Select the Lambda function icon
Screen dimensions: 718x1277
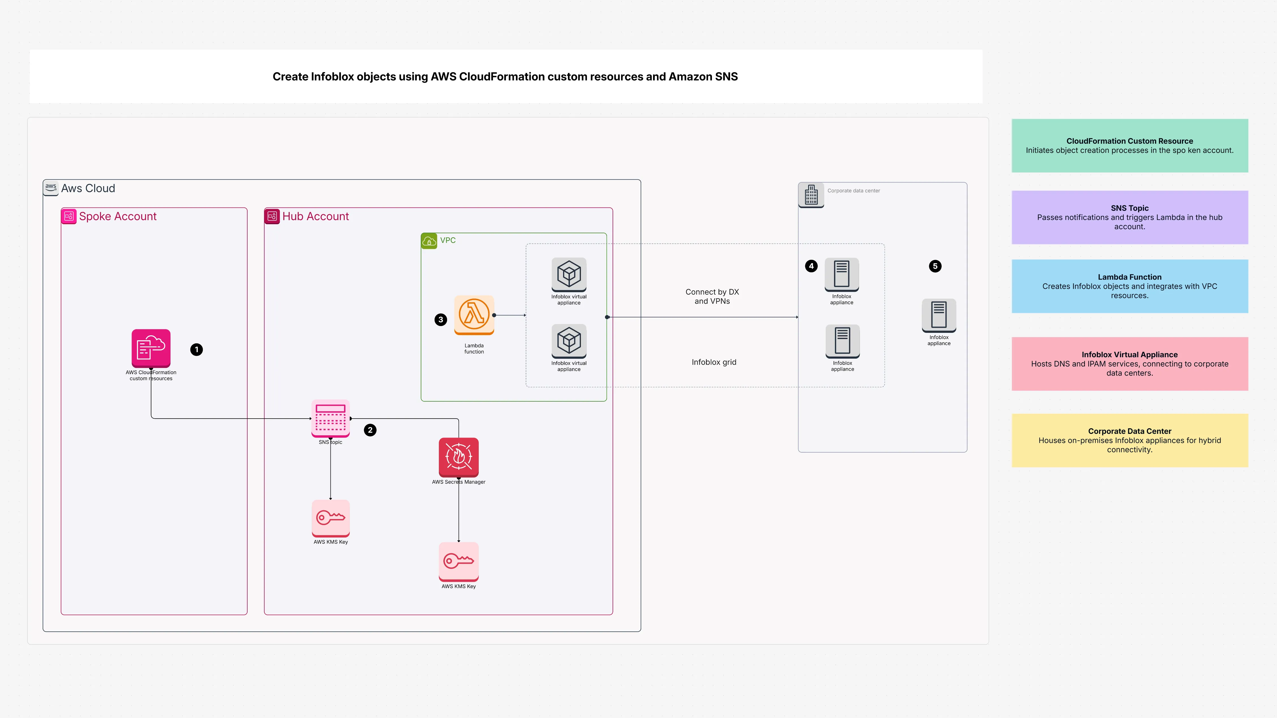pyautogui.click(x=474, y=314)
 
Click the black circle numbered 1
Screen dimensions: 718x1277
pyautogui.click(x=196, y=350)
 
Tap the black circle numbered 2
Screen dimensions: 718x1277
pyautogui.click(x=370, y=430)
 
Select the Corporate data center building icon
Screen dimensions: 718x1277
pyautogui.click(x=811, y=195)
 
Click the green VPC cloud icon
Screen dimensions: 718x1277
pyautogui.click(x=429, y=241)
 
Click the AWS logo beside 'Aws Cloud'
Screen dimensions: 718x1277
pyautogui.click(x=51, y=187)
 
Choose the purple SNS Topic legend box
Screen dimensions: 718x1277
pyautogui.click(x=1129, y=217)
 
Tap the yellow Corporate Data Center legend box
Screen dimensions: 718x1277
pyautogui.click(x=1129, y=440)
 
